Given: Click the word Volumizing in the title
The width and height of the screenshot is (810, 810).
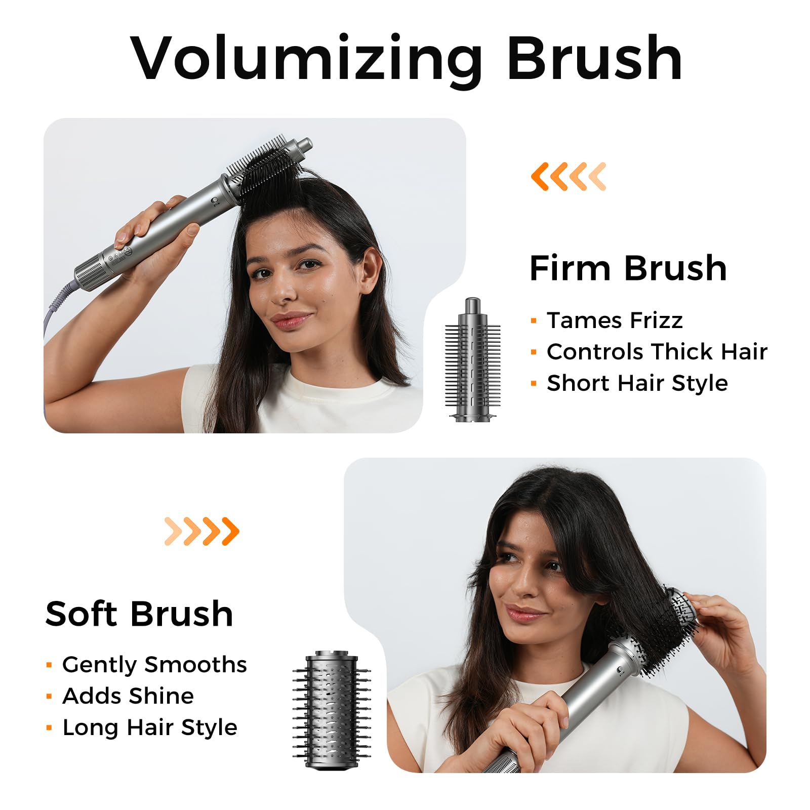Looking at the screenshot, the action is coord(307,59).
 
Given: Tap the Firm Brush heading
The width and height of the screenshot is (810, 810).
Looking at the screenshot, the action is coord(628,268).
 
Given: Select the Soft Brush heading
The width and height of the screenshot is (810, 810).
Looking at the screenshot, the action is coord(139,614).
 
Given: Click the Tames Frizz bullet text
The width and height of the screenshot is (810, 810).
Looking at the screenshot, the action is coord(615,320).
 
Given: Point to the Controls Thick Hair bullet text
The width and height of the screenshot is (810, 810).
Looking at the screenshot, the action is coord(657,351).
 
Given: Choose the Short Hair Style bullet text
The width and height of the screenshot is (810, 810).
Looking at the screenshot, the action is coord(637,383).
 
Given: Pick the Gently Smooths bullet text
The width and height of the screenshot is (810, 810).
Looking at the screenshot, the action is coord(154,665).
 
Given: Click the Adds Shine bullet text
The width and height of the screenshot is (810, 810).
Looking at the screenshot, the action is coord(128,696).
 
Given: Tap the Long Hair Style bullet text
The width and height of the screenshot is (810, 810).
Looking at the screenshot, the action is coord(150,727).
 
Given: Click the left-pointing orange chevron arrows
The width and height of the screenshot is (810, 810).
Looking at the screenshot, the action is coord(568,177).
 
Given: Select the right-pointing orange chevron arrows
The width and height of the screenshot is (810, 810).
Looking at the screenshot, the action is coord(202,531).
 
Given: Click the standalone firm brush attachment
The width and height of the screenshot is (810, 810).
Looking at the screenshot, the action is coord(472,359).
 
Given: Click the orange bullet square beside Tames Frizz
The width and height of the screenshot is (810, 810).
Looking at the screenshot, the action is coord(534,321).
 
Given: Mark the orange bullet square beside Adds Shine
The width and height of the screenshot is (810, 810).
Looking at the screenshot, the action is coord(49,697).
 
